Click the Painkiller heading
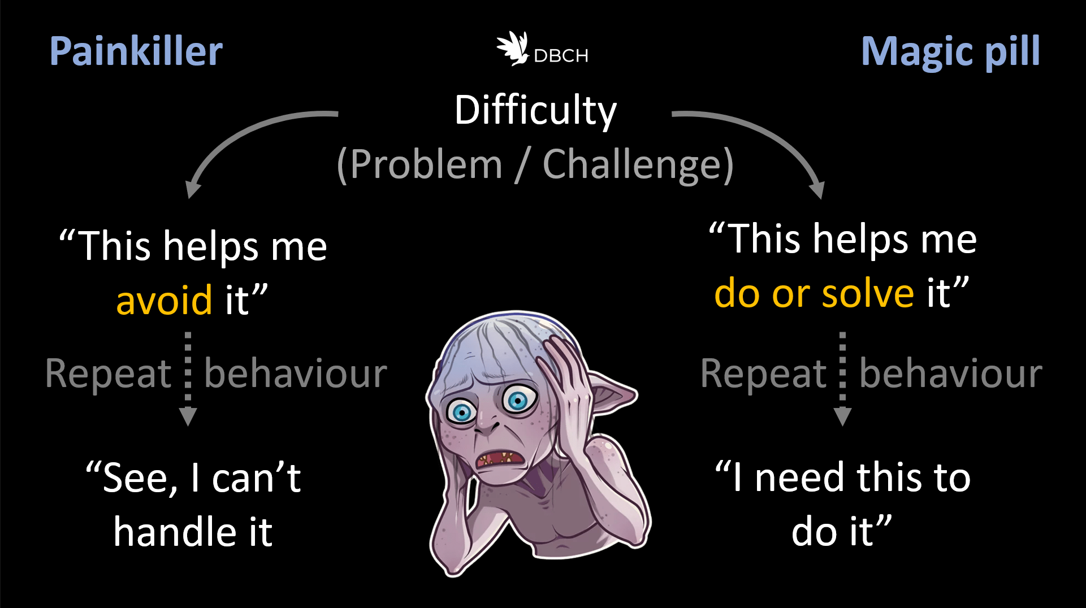136,51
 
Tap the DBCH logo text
561,56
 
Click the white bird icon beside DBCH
512,48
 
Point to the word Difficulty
535,110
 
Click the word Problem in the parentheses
426,165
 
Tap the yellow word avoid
164,300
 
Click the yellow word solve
867,294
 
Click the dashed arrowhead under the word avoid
188,416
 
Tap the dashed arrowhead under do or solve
842,416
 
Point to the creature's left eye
462,411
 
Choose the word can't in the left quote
256,478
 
